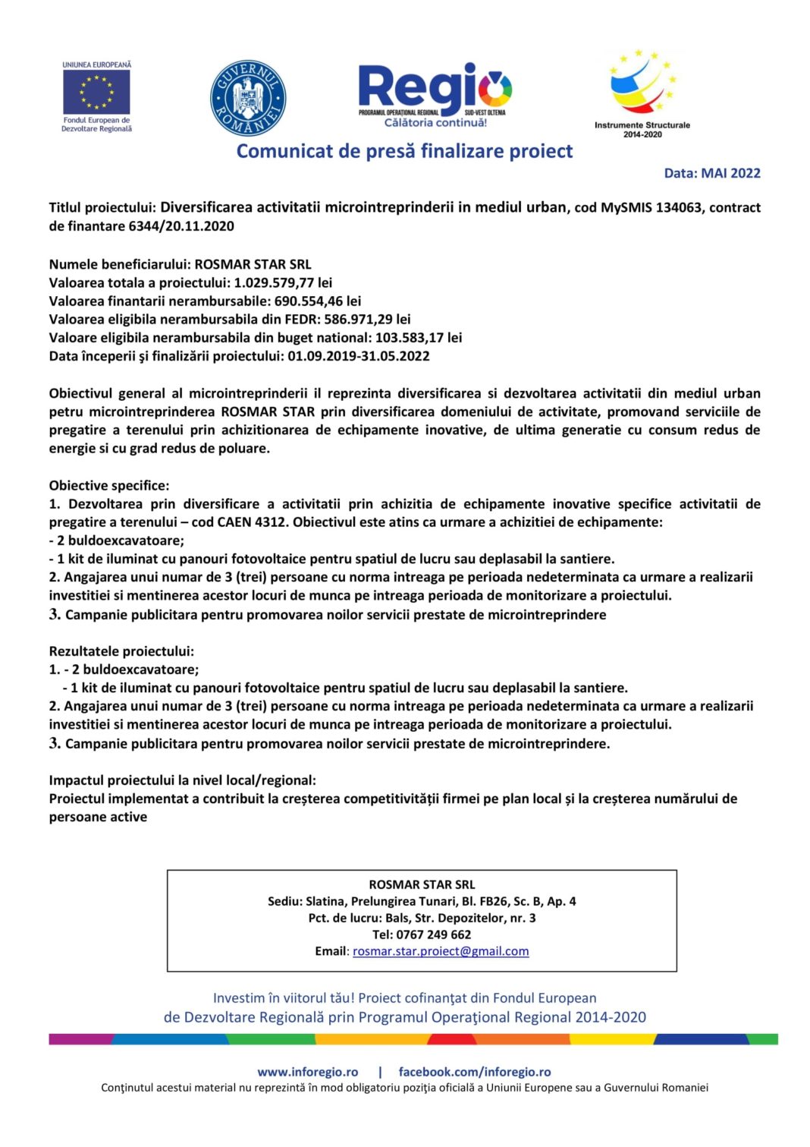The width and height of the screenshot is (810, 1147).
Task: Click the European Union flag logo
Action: coord(96,92)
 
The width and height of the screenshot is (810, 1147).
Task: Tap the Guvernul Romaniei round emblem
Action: coord(248,99)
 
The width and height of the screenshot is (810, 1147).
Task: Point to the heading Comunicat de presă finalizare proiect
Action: coord(404,151)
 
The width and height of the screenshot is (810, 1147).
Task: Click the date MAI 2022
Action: coord(730,173)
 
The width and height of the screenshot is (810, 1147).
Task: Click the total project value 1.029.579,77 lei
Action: coord(283,282)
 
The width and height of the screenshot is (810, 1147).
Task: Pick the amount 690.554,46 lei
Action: coord(318,301)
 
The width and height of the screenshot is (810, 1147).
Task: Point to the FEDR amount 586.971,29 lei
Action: coord(367,319)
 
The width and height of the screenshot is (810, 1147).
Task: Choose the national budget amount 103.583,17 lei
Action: coord(419,337)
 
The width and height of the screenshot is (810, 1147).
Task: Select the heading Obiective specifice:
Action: coord(109,485)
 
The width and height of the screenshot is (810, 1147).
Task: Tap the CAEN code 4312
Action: coord(272,522)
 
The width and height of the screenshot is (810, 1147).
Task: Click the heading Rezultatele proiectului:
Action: coord(121,651)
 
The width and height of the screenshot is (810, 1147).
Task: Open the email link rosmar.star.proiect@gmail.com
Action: coord(441,951)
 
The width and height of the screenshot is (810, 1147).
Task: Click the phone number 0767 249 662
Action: coord(433,934)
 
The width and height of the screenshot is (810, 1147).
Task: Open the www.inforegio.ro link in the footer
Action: coord(307,1072)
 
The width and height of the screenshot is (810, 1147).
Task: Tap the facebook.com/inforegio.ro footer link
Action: coord(475,1072)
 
